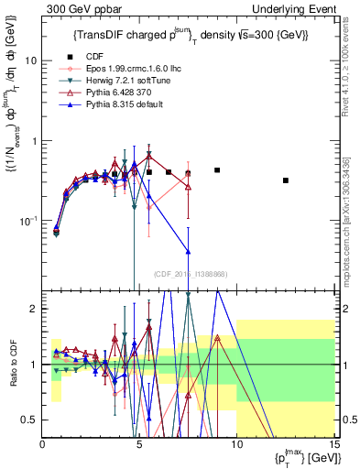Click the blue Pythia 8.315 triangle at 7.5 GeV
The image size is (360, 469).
pyautogui.click(x=188, y=251)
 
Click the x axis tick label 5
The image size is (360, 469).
pyautogui.click(x=139, y=446)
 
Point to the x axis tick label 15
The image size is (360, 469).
pyautogui.click(x=333, y=446)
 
